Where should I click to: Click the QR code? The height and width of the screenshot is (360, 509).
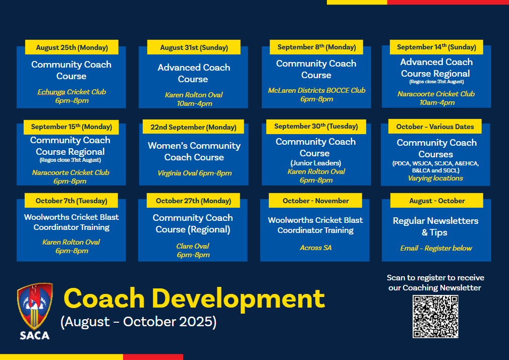[x=435, y=317]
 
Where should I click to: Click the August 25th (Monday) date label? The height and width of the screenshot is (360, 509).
[x=72, y=47]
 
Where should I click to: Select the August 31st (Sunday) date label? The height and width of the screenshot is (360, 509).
[x=194, y=47]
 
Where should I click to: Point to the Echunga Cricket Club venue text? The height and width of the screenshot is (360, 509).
[x=72, y=92]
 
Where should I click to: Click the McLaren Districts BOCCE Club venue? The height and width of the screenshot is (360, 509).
[x=316, y=90]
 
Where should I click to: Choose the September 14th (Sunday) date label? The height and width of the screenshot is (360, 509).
[x=436, y=47]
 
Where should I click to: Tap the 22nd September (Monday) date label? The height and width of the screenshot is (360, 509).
[x=193, y=127]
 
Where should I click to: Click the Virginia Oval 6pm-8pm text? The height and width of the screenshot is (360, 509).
[x=194, y=173]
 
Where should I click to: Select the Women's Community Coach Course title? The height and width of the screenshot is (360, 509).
[x=194, y=151]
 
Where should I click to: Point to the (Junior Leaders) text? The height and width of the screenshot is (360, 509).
[x=315, y=163]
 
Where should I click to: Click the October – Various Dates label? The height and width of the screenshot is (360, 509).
[x=435, y=127]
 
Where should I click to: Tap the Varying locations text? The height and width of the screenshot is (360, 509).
[x=435, y=178]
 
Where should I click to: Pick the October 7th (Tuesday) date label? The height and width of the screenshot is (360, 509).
[x=72, y=201]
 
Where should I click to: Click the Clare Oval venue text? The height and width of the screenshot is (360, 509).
[x=193, y=246]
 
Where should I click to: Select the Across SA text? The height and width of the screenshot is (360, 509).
[x=315, y=248]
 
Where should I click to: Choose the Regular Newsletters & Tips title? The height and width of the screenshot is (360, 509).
[x=435, y=226]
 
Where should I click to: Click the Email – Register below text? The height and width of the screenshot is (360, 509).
[x=436, y=248]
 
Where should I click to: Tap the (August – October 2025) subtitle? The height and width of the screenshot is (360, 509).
[x=139, y=322]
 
